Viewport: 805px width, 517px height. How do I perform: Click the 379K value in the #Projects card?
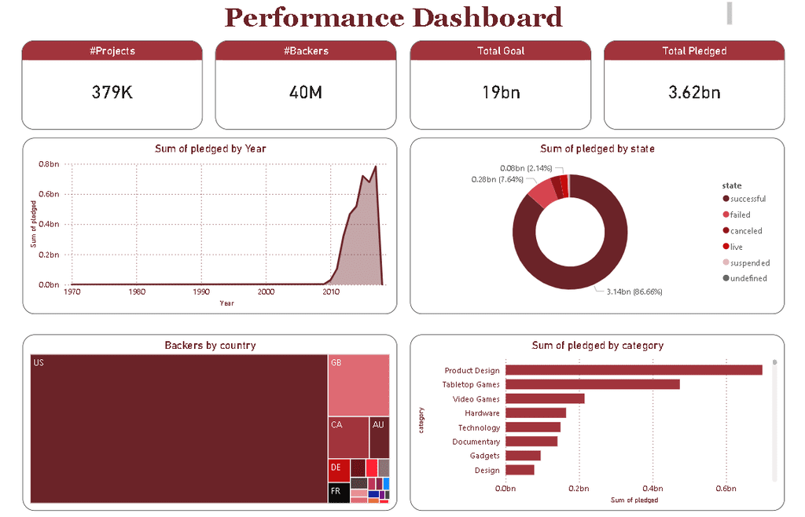click(x=112, y=92)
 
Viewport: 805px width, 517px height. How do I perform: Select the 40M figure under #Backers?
click(x=306, y=92)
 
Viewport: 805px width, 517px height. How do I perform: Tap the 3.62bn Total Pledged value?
click(x=694, y=92)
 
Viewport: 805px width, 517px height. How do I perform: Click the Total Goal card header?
click(x=500, y=51)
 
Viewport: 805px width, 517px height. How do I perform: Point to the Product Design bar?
click(x=634, y=370)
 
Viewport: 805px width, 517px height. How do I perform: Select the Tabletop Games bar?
click(x=592, y=384)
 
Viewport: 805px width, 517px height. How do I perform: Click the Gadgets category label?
click(x=484, y=456)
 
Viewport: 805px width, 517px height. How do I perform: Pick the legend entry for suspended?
click(x=749, y=263)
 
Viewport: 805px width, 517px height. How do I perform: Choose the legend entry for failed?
click(x=740, y=214)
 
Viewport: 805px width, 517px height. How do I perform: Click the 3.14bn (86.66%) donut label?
click(x=634, y=291)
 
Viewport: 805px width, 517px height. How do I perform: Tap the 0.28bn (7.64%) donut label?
click(x=497, y=179)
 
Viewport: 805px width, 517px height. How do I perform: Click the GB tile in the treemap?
click(x=358, y=385)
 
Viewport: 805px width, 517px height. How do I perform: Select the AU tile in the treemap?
click(x=379, y=437)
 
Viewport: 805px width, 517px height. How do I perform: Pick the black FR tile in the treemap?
click(x=338, y=493)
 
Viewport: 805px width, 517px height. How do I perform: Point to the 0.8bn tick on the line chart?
click(x=49, y=164)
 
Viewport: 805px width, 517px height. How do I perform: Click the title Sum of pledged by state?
click(x=597, y=148)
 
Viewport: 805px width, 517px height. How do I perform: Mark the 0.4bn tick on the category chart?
click(x=652, y=489)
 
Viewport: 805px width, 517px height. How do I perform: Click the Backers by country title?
click(x=210, y=345)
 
